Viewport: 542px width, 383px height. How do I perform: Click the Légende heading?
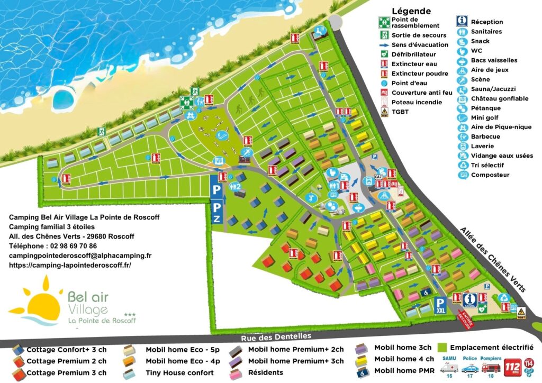pyautogui.click(x=411, y=11)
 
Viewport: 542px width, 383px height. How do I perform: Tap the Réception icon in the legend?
pyautogui.click(x=462, y=22)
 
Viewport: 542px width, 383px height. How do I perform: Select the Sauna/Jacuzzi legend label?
pyautogui.click(x=493, y=89)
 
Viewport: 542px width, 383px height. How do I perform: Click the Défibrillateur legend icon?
pyautogui.click(x=384, y=54)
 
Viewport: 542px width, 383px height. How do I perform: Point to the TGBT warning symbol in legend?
pyautogui.click(x=384, y=112)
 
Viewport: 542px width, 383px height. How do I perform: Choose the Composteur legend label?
pyautogui.click(x=490, y=175)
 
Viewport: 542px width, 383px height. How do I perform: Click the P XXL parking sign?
pyautogui.click(x=440, y=305)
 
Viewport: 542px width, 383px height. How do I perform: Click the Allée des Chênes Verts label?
pyautogui.click(x=492, y=260)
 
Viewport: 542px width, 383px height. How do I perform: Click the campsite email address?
pyautogui.click(x=80, y=256)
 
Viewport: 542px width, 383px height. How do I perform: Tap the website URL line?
pyautogui.click(x=70, y=265)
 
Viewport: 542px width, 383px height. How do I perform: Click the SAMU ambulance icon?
pyautogui.click(x=450, y=366)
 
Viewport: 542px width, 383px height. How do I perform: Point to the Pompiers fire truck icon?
pyautogui.click(x=491, y=366)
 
